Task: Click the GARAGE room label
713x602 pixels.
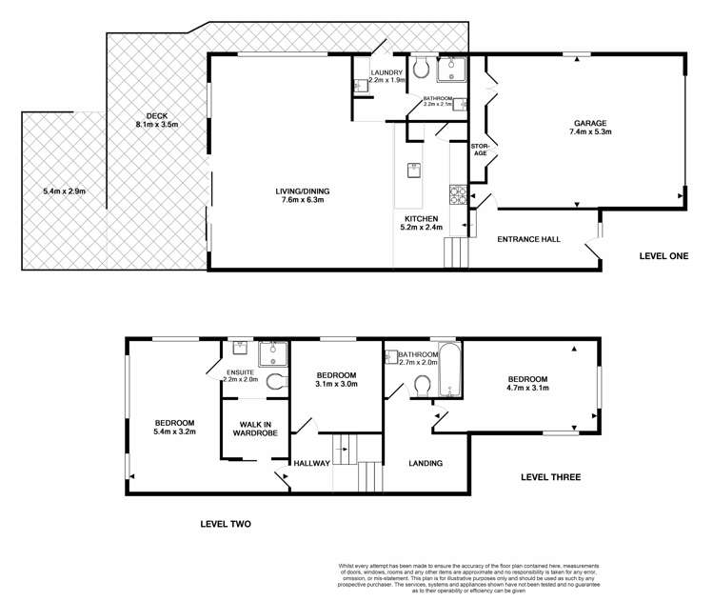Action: (x=592, y=123)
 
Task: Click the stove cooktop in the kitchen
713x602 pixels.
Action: (x=458, y=195)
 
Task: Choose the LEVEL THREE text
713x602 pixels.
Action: (x=551, y=477)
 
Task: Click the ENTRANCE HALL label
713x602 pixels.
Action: (x=525, y=240)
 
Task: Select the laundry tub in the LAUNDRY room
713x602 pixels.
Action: (x=359, y=86)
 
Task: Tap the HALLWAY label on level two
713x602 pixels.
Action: (x=311, y=464)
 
